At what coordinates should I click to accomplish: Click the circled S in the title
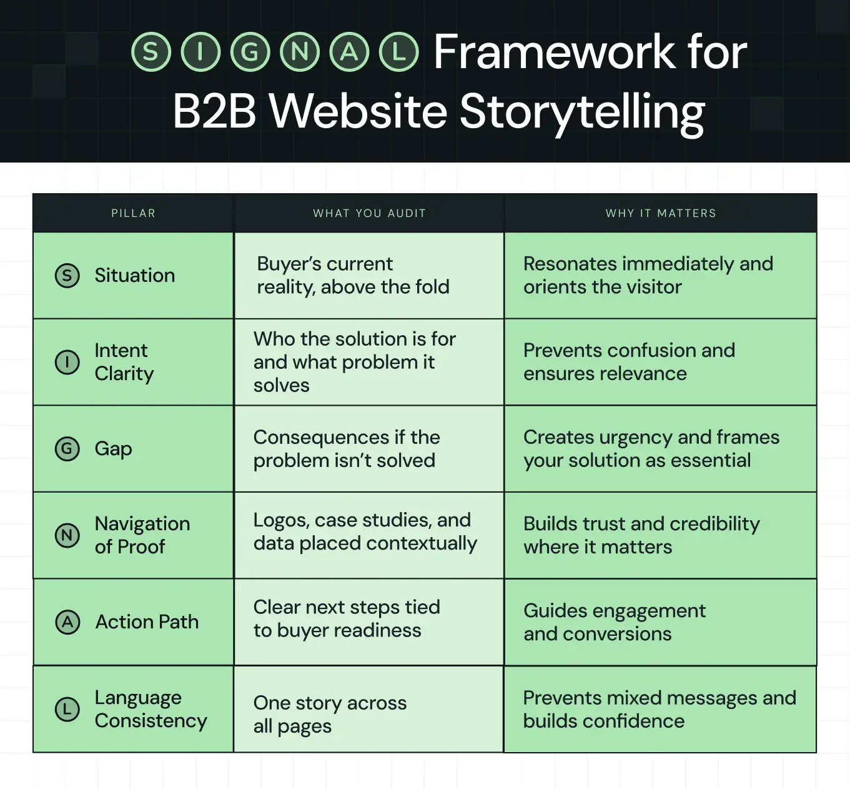(151, 52)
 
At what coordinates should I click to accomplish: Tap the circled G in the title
(250, 52)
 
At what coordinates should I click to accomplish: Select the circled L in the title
(399, 52)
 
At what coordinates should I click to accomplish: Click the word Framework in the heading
(554, 52)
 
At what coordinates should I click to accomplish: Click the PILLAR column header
(133, 213)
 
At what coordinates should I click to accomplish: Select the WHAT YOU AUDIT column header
(369, 213)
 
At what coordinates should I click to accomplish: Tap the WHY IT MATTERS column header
(661, 213)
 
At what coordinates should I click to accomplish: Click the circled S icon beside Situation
(67, 276)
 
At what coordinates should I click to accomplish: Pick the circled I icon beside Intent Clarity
(67, 362)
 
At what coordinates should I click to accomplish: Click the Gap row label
(113, 449)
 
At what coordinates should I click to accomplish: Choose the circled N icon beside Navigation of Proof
(67, 535)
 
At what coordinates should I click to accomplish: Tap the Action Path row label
(147, 622)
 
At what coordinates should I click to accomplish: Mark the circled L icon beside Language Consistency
(67, 709)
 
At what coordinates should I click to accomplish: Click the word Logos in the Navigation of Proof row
(280, 520)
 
